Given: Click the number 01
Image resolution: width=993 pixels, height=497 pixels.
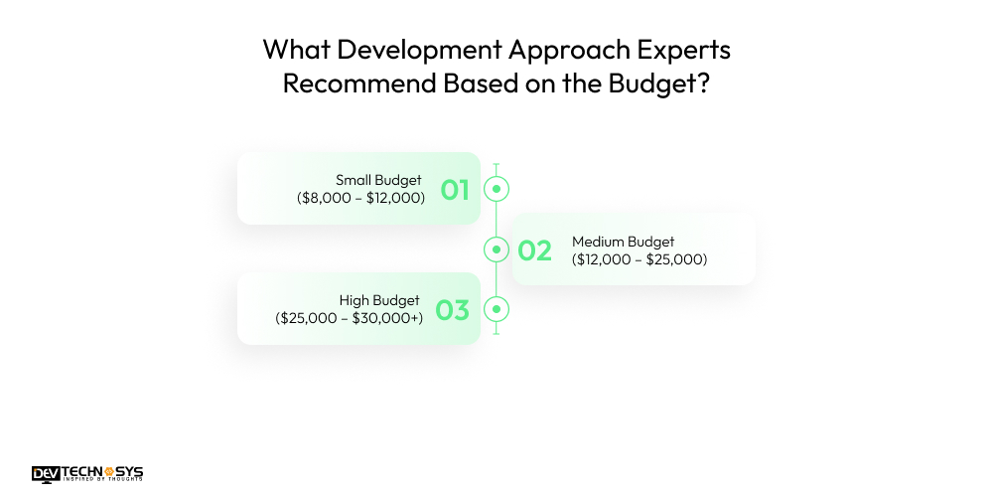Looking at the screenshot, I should click(x=455, y=189).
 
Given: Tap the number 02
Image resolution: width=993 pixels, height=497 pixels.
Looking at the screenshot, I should click(x=534, y=250).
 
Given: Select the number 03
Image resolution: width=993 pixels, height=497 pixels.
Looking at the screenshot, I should click(x=452, y=310).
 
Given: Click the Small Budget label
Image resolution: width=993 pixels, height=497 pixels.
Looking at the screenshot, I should click(x=378, y=180).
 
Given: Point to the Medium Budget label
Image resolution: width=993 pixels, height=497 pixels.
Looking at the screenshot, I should click(x=623, y=242).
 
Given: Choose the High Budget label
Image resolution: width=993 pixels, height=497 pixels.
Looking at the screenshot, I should click(x=379, y=300).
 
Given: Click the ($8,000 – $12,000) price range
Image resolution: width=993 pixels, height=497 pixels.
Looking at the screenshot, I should click(x=360, y=198).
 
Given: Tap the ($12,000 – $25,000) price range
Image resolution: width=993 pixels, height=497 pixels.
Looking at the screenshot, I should click(x=639, y=259).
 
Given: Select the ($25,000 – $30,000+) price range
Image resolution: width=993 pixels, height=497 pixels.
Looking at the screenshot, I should click(x=349, y=318).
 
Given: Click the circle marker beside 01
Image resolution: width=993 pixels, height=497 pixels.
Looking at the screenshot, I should click(x=496, y=188).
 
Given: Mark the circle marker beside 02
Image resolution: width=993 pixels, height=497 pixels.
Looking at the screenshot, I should click(x=496, y=248).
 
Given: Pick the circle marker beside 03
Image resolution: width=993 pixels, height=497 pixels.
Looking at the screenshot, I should click(x=496, y=309).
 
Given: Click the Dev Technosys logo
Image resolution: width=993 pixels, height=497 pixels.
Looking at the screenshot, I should click(x=87, y=474).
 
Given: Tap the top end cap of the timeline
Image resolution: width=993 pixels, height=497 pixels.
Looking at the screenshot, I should click(x=496, y=165).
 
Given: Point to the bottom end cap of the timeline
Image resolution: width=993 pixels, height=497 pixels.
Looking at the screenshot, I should click(x=496, y=333).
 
